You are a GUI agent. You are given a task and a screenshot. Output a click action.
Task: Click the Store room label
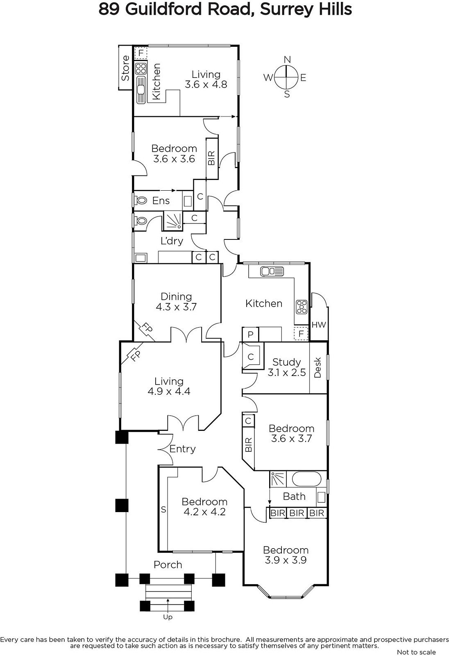pyautogui.click(x=125, y=68)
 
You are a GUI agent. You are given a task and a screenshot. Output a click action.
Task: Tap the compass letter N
pyautogui.click(x=287, y=60)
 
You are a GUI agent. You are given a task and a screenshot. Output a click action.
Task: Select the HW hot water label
pyautogui.click(x=319, y=324)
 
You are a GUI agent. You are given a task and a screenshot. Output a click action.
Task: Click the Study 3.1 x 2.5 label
pyautogui.click(x=286, y=367)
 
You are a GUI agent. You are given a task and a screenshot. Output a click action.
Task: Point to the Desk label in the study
pyautogui.click(x=317, y=367)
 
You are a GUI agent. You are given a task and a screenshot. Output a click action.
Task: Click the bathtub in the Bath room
pyautogui.click(x=306, y=479)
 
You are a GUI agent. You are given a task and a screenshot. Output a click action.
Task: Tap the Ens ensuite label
pyautogui.click(x=161, y=200)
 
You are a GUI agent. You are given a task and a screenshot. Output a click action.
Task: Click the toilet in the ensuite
pyautogui.click(x=141, y=200)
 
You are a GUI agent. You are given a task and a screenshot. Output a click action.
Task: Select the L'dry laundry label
pyautogui.click(x=172, y=241)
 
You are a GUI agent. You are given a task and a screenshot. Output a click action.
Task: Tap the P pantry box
pyautogui.click(x=250, y=335)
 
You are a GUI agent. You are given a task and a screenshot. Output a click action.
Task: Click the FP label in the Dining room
pyautogui.click(x=147, y=328)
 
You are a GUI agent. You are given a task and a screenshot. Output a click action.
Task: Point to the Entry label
pyautogui.click(x=182, y=449)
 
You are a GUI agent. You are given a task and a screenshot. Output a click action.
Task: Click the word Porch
pyautogui.click(x=168, y=565)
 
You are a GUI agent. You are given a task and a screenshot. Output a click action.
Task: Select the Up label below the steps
pyautogui.click(x=168, y=617)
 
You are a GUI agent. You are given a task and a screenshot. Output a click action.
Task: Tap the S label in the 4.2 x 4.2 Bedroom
pyautogui.click(x=163, y=510)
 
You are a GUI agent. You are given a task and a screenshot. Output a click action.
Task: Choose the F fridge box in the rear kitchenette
pyautogui.click(x=141, y=53)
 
